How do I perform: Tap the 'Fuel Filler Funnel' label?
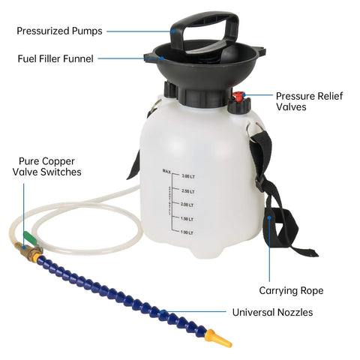(56, 58)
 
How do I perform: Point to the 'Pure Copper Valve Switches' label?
(46, 166)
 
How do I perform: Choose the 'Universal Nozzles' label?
(272, 312)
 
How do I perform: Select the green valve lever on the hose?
(28, 238)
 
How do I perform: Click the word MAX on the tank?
(166, 171)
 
